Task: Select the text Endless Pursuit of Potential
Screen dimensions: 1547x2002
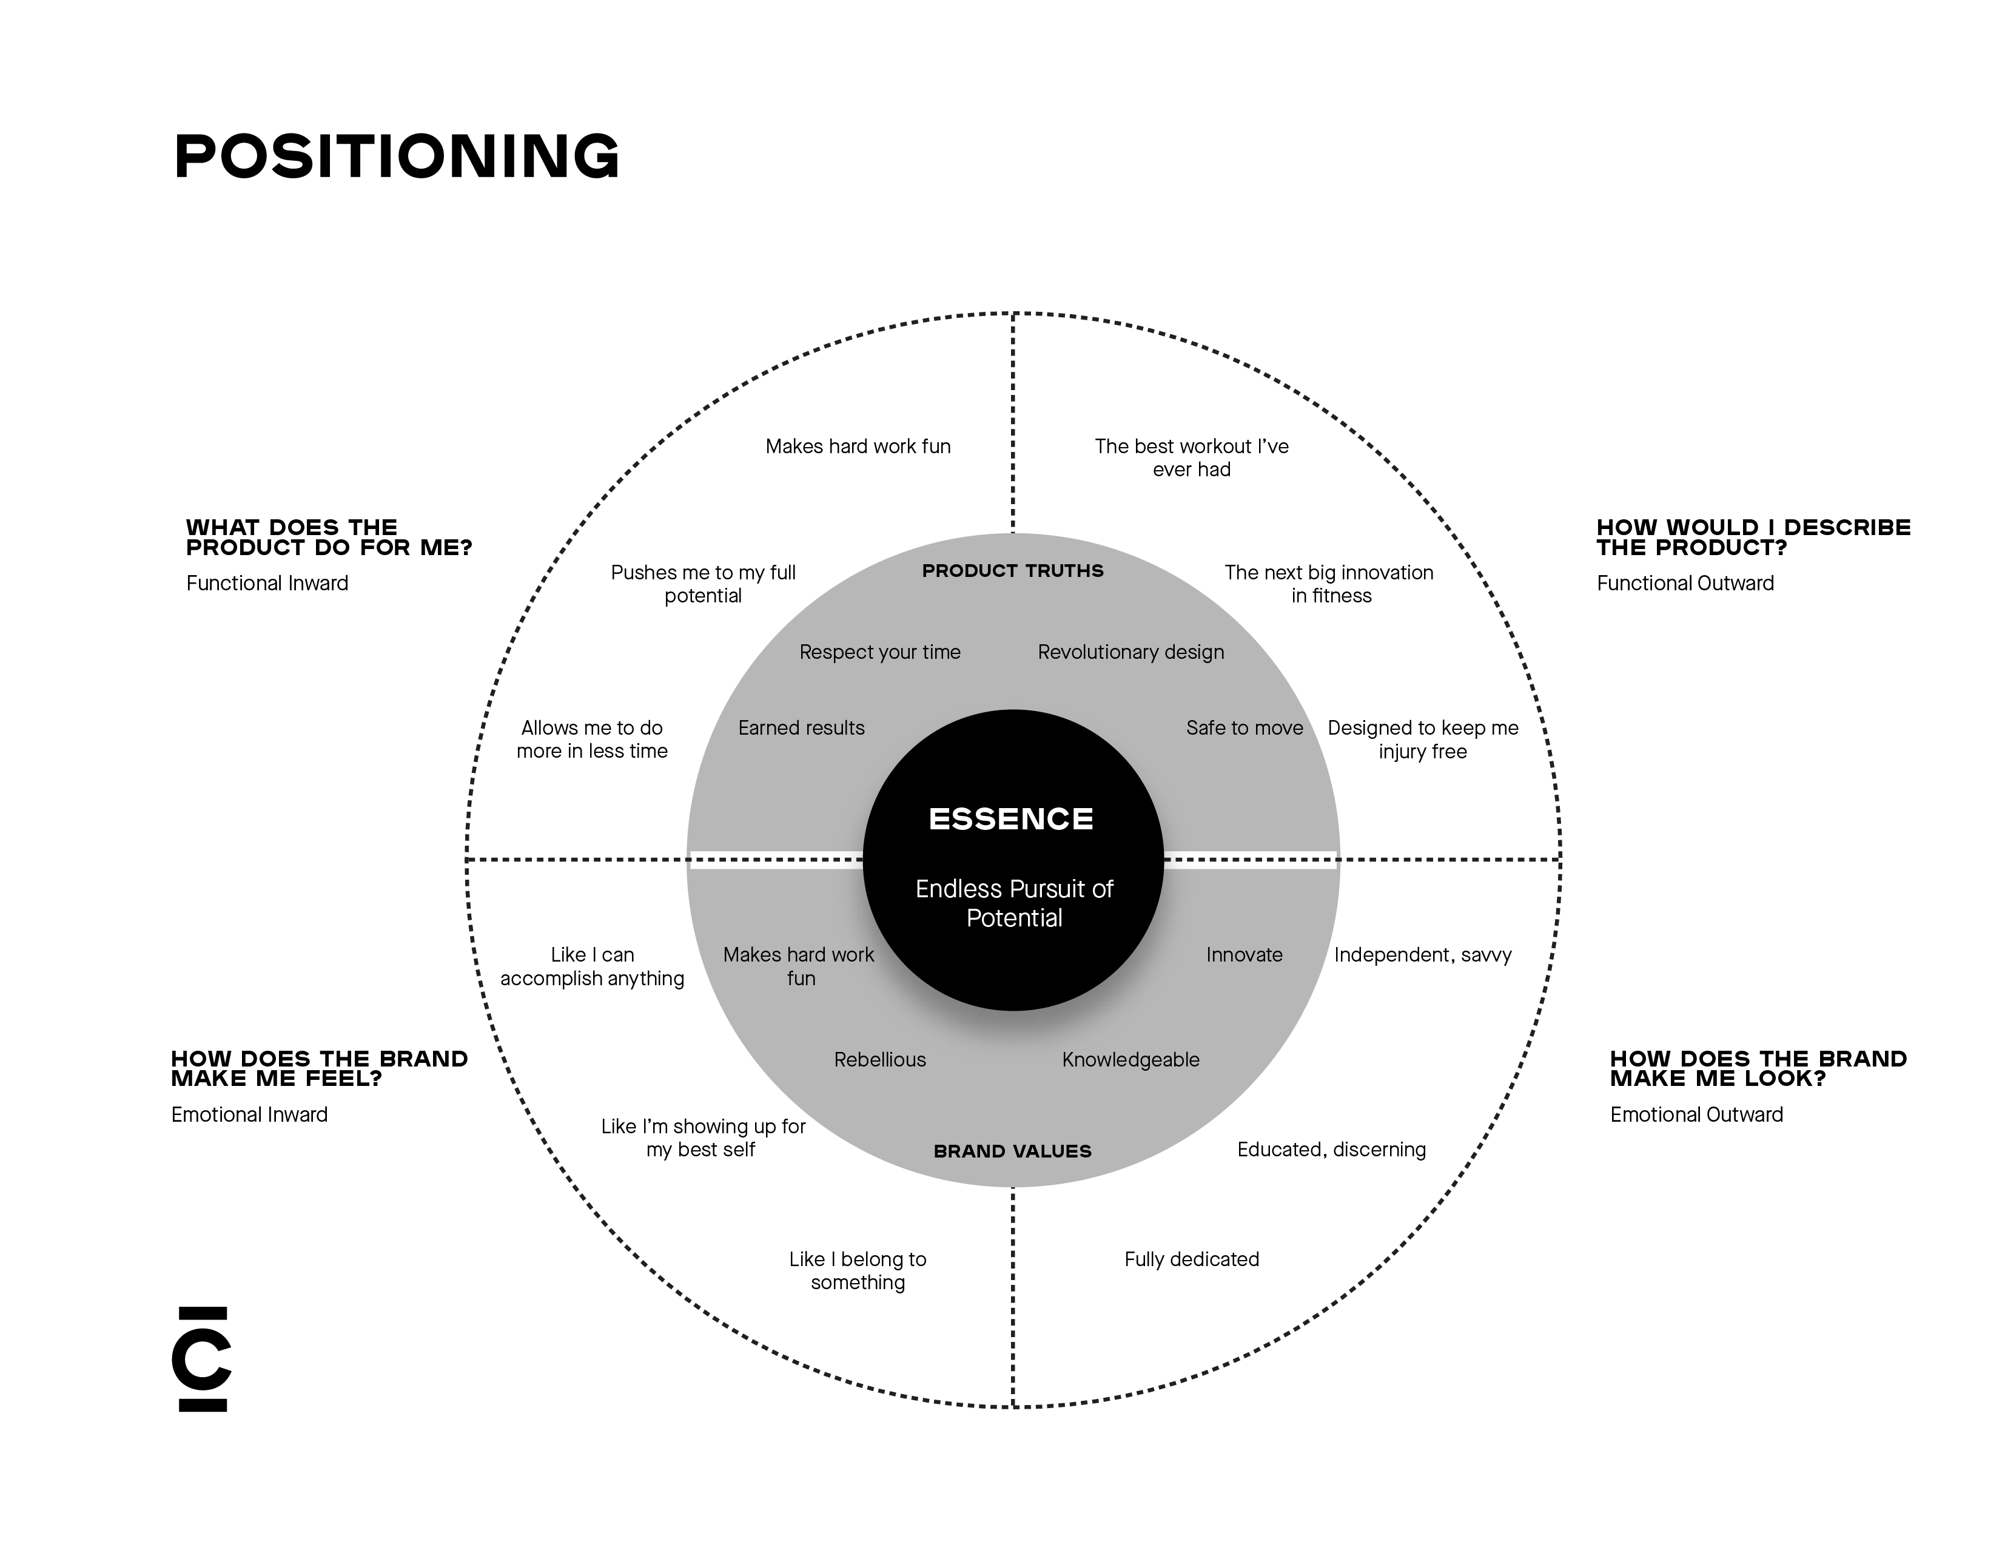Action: pos(1014,903)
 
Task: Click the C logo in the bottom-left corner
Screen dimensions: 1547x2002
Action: pos(203,1359)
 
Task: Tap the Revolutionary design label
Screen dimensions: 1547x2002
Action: pos(1130,652)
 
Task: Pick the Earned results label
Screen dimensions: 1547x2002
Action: pos(801,728)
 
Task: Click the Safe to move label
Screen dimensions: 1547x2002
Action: pos(1244,728)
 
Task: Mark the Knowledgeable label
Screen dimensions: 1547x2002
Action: pos(1130,1060)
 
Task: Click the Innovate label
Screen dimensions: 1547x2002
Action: pos(1244,955)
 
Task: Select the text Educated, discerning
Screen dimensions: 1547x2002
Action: pos(1331,1150)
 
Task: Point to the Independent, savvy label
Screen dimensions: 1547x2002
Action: pos(1423,955)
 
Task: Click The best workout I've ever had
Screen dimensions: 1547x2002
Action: pos(1192,457)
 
